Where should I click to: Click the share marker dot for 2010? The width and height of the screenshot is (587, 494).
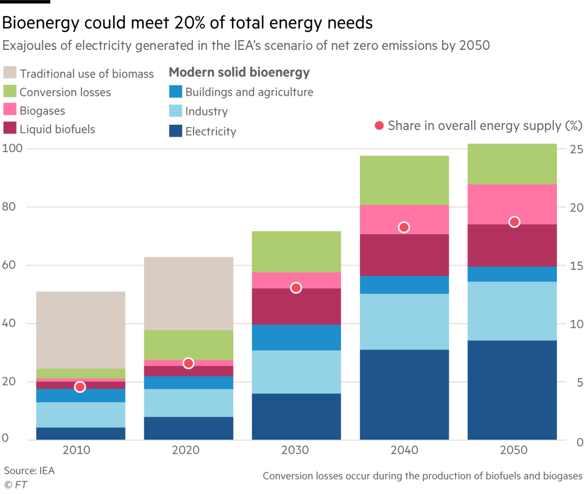80,387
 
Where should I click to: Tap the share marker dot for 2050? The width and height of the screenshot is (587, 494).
514,222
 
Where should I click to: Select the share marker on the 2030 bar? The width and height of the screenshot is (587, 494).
296,288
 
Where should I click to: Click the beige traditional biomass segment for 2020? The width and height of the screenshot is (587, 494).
188,293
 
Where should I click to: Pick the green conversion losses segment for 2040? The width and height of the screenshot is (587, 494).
404,180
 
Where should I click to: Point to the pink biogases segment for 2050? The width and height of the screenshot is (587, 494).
512,204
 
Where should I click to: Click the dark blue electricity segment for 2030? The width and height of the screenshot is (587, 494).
296,416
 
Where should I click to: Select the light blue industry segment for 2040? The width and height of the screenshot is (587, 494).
404,321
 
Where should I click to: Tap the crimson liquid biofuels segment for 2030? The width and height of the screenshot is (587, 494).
296,306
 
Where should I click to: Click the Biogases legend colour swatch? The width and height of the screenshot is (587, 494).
10,109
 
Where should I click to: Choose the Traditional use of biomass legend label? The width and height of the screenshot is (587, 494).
87,74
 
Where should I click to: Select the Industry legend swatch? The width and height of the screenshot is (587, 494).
176,111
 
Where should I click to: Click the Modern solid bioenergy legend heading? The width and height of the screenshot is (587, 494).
239,72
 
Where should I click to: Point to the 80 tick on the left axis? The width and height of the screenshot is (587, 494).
9,207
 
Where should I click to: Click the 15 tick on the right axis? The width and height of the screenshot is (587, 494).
577,266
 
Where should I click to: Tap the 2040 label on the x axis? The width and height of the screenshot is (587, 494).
404,450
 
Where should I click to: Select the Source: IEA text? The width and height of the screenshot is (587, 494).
29,471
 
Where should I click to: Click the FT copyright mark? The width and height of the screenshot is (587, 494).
16,485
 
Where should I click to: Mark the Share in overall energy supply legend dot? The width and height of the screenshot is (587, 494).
379,126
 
